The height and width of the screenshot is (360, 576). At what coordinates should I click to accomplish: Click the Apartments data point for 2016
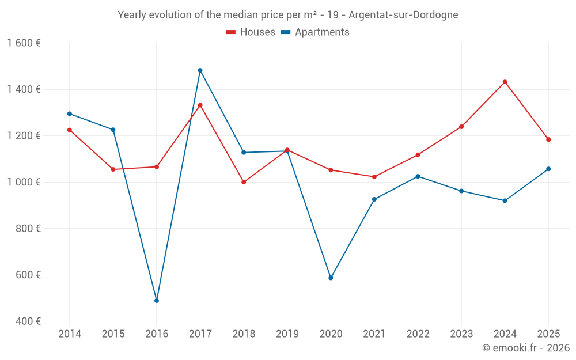click(x=157, y=301)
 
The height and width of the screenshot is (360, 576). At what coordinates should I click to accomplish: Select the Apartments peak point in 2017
click(x=200, y=70)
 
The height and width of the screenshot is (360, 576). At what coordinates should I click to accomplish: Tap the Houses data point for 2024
click(x=505, y=82)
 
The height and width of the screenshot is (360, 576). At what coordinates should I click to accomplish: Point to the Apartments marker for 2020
click(x=331, y=278)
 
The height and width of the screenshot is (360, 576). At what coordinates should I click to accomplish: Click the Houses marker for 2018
click(x=244, y=182)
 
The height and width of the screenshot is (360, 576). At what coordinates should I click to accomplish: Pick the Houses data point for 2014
click(x=70, y=130)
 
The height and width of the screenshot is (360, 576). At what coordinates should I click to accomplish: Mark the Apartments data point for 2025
click(x=548, y=169)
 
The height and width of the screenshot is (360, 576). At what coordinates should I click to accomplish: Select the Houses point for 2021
click(x=374, y=177)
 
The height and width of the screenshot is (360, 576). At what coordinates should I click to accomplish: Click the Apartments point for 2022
click(x=418, y=176)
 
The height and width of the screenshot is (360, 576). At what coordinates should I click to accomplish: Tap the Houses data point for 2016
click(x=157, y=167)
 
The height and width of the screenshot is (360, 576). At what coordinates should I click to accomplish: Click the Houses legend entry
click(x=251, y=32)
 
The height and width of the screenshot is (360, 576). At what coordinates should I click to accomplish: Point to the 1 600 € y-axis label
click(x=24, y=43)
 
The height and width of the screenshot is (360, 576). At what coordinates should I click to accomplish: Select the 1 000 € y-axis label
click(x=24, y=182)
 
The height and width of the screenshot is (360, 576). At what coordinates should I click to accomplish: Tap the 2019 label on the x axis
click(x=287, y=334)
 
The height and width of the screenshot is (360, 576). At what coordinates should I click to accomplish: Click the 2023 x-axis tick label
click(x=461, y=334)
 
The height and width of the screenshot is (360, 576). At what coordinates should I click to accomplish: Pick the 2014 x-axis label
click(x=70, y=334)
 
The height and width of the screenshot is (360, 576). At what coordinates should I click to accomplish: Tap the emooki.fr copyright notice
click(x=525, y=348)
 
